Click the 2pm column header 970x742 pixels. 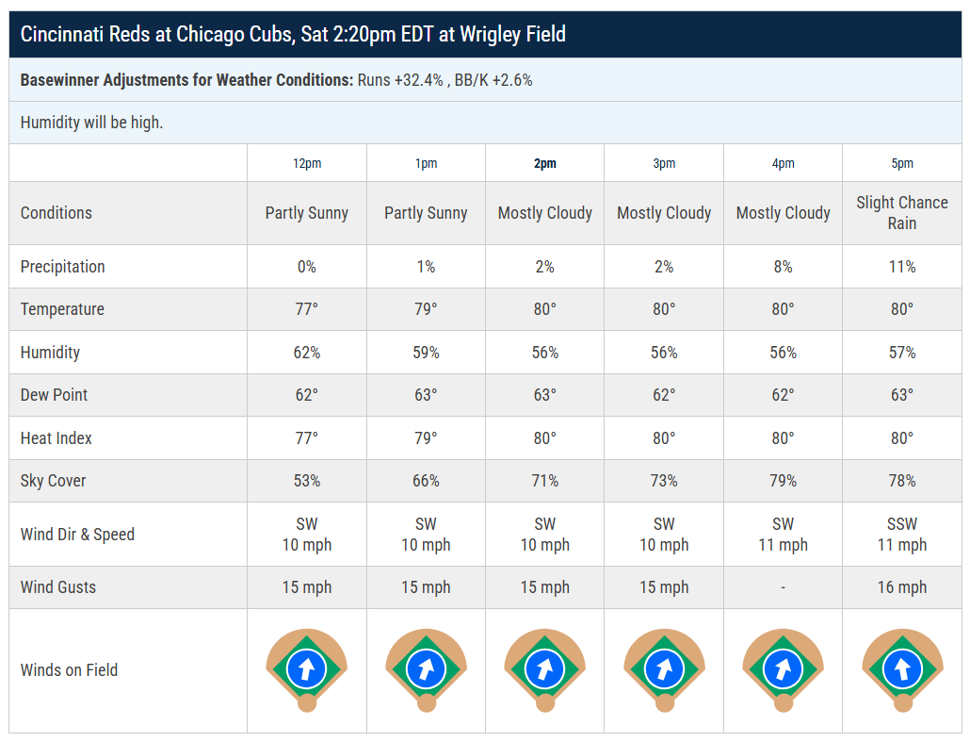pyautogui.click(x=545, y=163)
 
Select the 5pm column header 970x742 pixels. pyautogui.click(x=902, y=163)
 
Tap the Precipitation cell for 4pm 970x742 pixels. pyautogui.click(x=783, y=267)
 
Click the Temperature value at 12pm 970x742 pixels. pyautogui.click(x=307, y=309)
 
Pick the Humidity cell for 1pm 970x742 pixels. pyautogui.click(x=426, y=353)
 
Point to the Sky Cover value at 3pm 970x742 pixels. pyautogui.click(x=664, y=481)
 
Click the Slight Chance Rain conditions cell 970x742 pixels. pyautogui.click(x=902, y=213)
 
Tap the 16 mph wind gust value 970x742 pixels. pyautogui.click(x=902, y=587)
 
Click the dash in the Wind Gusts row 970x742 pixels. pyautogui.click(x=783, y=587)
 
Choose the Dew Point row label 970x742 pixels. pyautogui.click(x=54, y=395)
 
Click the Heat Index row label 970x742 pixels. pyautogui.click(x=56, y=438)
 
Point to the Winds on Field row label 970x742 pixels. pyautogui.click(x=69, y=670)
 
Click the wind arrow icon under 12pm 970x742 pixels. pyautogui.click(x=307, y=668)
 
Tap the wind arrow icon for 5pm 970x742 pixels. pyautogui.click(x=902, y=668)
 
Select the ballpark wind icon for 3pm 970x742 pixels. pyautogui.click(x=664, y=669)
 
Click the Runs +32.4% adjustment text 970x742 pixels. pyautogui.click(x=400, y=80)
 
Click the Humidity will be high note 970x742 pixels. pyautogui.click(x=91, y=123)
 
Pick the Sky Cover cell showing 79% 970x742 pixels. pyautogui.click(x=783, y=481)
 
